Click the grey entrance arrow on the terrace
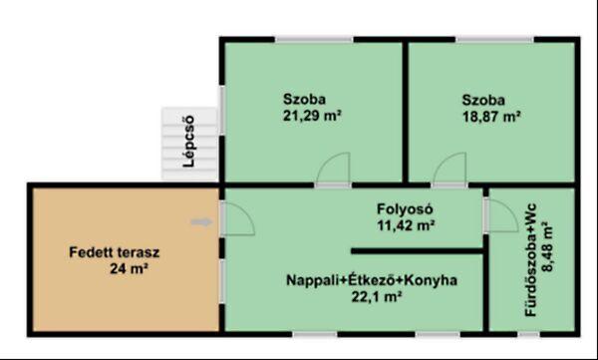(201, 222)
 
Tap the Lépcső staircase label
(188, 142)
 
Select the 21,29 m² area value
(312, 116)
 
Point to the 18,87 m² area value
(491, 117)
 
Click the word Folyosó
(405, 209)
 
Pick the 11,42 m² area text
(407, 225)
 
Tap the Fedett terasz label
(115, 252)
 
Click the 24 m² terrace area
(129, 269)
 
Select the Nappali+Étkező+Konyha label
(372, 280)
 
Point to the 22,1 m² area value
(377, 296)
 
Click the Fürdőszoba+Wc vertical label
(530, 260)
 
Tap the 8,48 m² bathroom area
(547, 246)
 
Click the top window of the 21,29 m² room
(314, 39)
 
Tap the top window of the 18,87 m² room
(494, 39)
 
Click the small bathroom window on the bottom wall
(528, 334)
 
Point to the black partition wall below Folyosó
(418, 251)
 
